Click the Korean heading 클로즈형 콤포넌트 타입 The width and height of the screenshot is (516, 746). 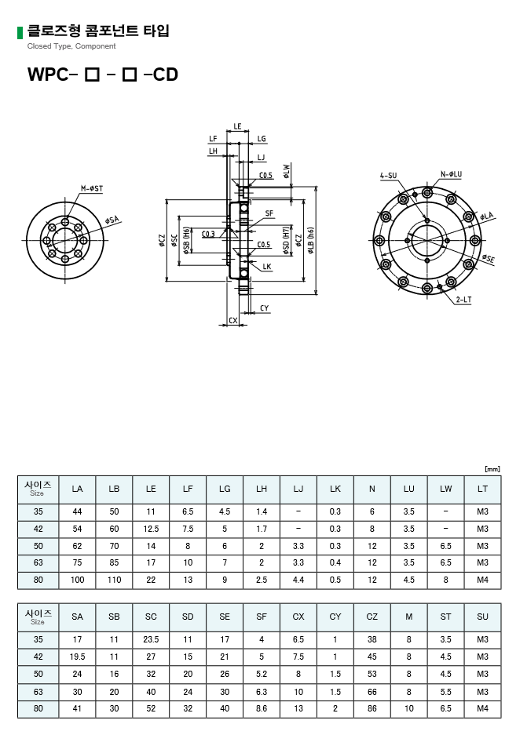pos(97,31)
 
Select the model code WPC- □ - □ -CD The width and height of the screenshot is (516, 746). pos(103,75)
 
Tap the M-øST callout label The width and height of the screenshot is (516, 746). pos(93,188)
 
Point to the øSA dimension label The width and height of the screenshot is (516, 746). pos(112,220)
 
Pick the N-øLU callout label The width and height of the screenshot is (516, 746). pos(451,174)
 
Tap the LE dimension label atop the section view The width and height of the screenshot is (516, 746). pos(237,126)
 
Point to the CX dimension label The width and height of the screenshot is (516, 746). pos(232,320)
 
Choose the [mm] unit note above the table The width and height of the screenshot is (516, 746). pos(492,469)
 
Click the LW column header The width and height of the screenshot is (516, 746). pos(446,489)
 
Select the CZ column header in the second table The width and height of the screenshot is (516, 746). pos(372,617)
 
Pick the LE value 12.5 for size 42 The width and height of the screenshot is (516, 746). pos(151,529)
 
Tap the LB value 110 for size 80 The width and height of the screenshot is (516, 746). pos(114,580)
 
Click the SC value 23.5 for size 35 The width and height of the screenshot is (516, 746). pos(151,639)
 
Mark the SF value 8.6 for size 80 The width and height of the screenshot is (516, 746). pos(262,708)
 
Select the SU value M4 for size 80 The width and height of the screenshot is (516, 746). pos(482,708)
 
